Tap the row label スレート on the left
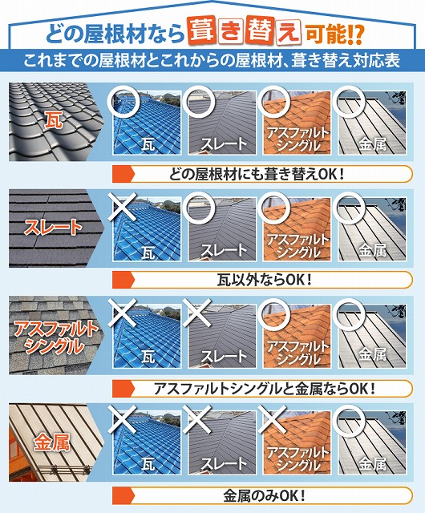[x=54, y=227]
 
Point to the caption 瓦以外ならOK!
[x=264, y=280]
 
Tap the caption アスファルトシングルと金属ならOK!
[x=265, y=388]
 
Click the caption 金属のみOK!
[x=264, y=494]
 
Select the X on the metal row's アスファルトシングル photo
[x=273, y=419]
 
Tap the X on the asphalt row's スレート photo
[x=199, y=313]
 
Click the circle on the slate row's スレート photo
[x=199, y=206]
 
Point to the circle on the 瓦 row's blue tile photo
[x=124, y=99]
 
